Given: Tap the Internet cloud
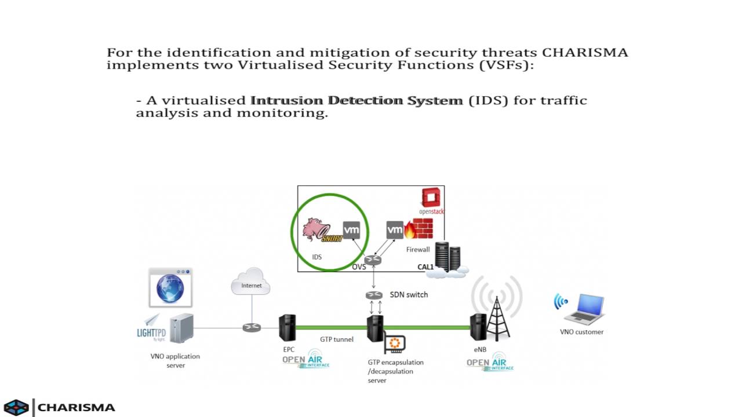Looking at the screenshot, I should tap(250, 282).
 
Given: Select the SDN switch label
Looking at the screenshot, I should tap(409, 294).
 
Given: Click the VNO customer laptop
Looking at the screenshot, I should tap(583, 309).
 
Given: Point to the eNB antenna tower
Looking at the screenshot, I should tap(497, 319).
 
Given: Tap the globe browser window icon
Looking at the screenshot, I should tap(170, 287).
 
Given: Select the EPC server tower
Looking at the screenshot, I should tap(287, 328).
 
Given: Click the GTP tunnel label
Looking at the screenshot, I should tap(336, 339).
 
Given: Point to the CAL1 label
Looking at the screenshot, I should tap(425, 267).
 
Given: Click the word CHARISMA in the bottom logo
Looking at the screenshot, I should tap(77, 407).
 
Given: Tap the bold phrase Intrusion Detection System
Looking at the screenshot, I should tap(357, 100).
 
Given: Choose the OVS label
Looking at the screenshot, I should tap(359, 267).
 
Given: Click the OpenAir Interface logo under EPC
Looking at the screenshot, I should tap(305, 360).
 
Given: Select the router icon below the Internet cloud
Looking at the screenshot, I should tap(252, 328).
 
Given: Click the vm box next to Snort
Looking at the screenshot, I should tap(351, 230).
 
